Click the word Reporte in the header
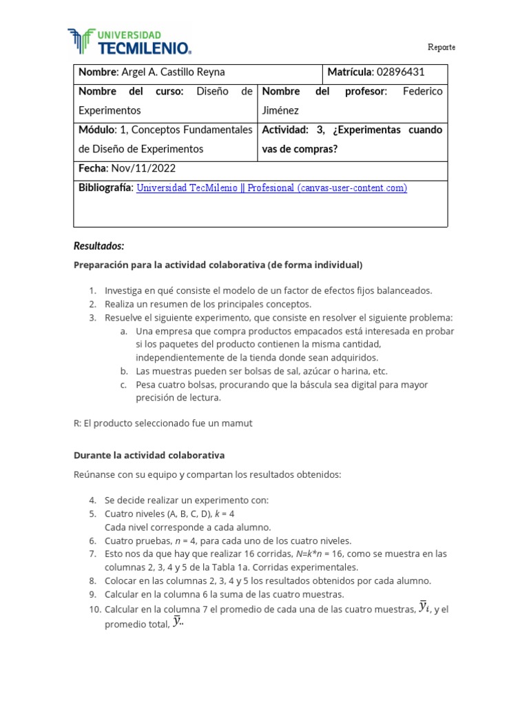click(441, 47)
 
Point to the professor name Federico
click(422, 92)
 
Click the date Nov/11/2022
click(143, 168)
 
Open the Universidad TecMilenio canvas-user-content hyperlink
click(271, 188)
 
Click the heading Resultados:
click(98, 246)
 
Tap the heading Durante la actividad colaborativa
click(149, 456)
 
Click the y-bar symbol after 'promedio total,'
click(178, 622)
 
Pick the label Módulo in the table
click(96, 130)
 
